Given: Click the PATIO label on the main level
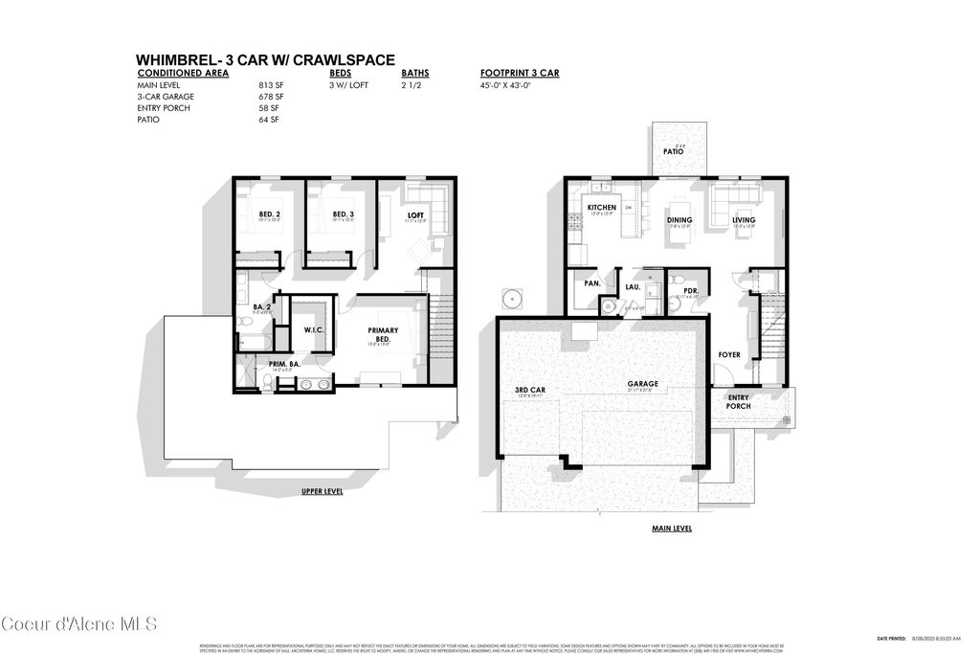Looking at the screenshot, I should pyautogui.click(x=673, y=152).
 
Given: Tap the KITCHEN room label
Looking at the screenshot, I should pyautogui.click(x=602, y=208).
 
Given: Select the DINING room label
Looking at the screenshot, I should pyautogui.click(x=679, y=219).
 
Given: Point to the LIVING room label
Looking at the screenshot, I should pyautogui.click(x=744, y=219).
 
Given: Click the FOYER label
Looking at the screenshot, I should pyautogui.click(x=729, y=355).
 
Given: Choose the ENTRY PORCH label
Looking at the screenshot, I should pyautogui.click(x=739, y=401).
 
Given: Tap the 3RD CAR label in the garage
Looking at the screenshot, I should pyautogui.click(x=529, y=390).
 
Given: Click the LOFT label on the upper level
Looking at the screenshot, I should pyautogui.click(x=415, y=215).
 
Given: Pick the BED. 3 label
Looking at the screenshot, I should pyautogui.click(x=344, y=214).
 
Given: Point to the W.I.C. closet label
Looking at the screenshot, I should pyautogui.click(x=316, y=330).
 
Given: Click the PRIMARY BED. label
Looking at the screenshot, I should pyautogui.click(x=383, y=334).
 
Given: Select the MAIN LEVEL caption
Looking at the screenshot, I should pyautogui.click(x=672, y=528).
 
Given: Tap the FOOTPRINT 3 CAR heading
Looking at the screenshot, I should pyautogui.click(x=521, y=73).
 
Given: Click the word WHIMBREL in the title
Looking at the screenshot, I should pyautogui.click(x=178, y=59).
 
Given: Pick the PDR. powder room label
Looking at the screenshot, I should pyautogui.click(x=690, y=290).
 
